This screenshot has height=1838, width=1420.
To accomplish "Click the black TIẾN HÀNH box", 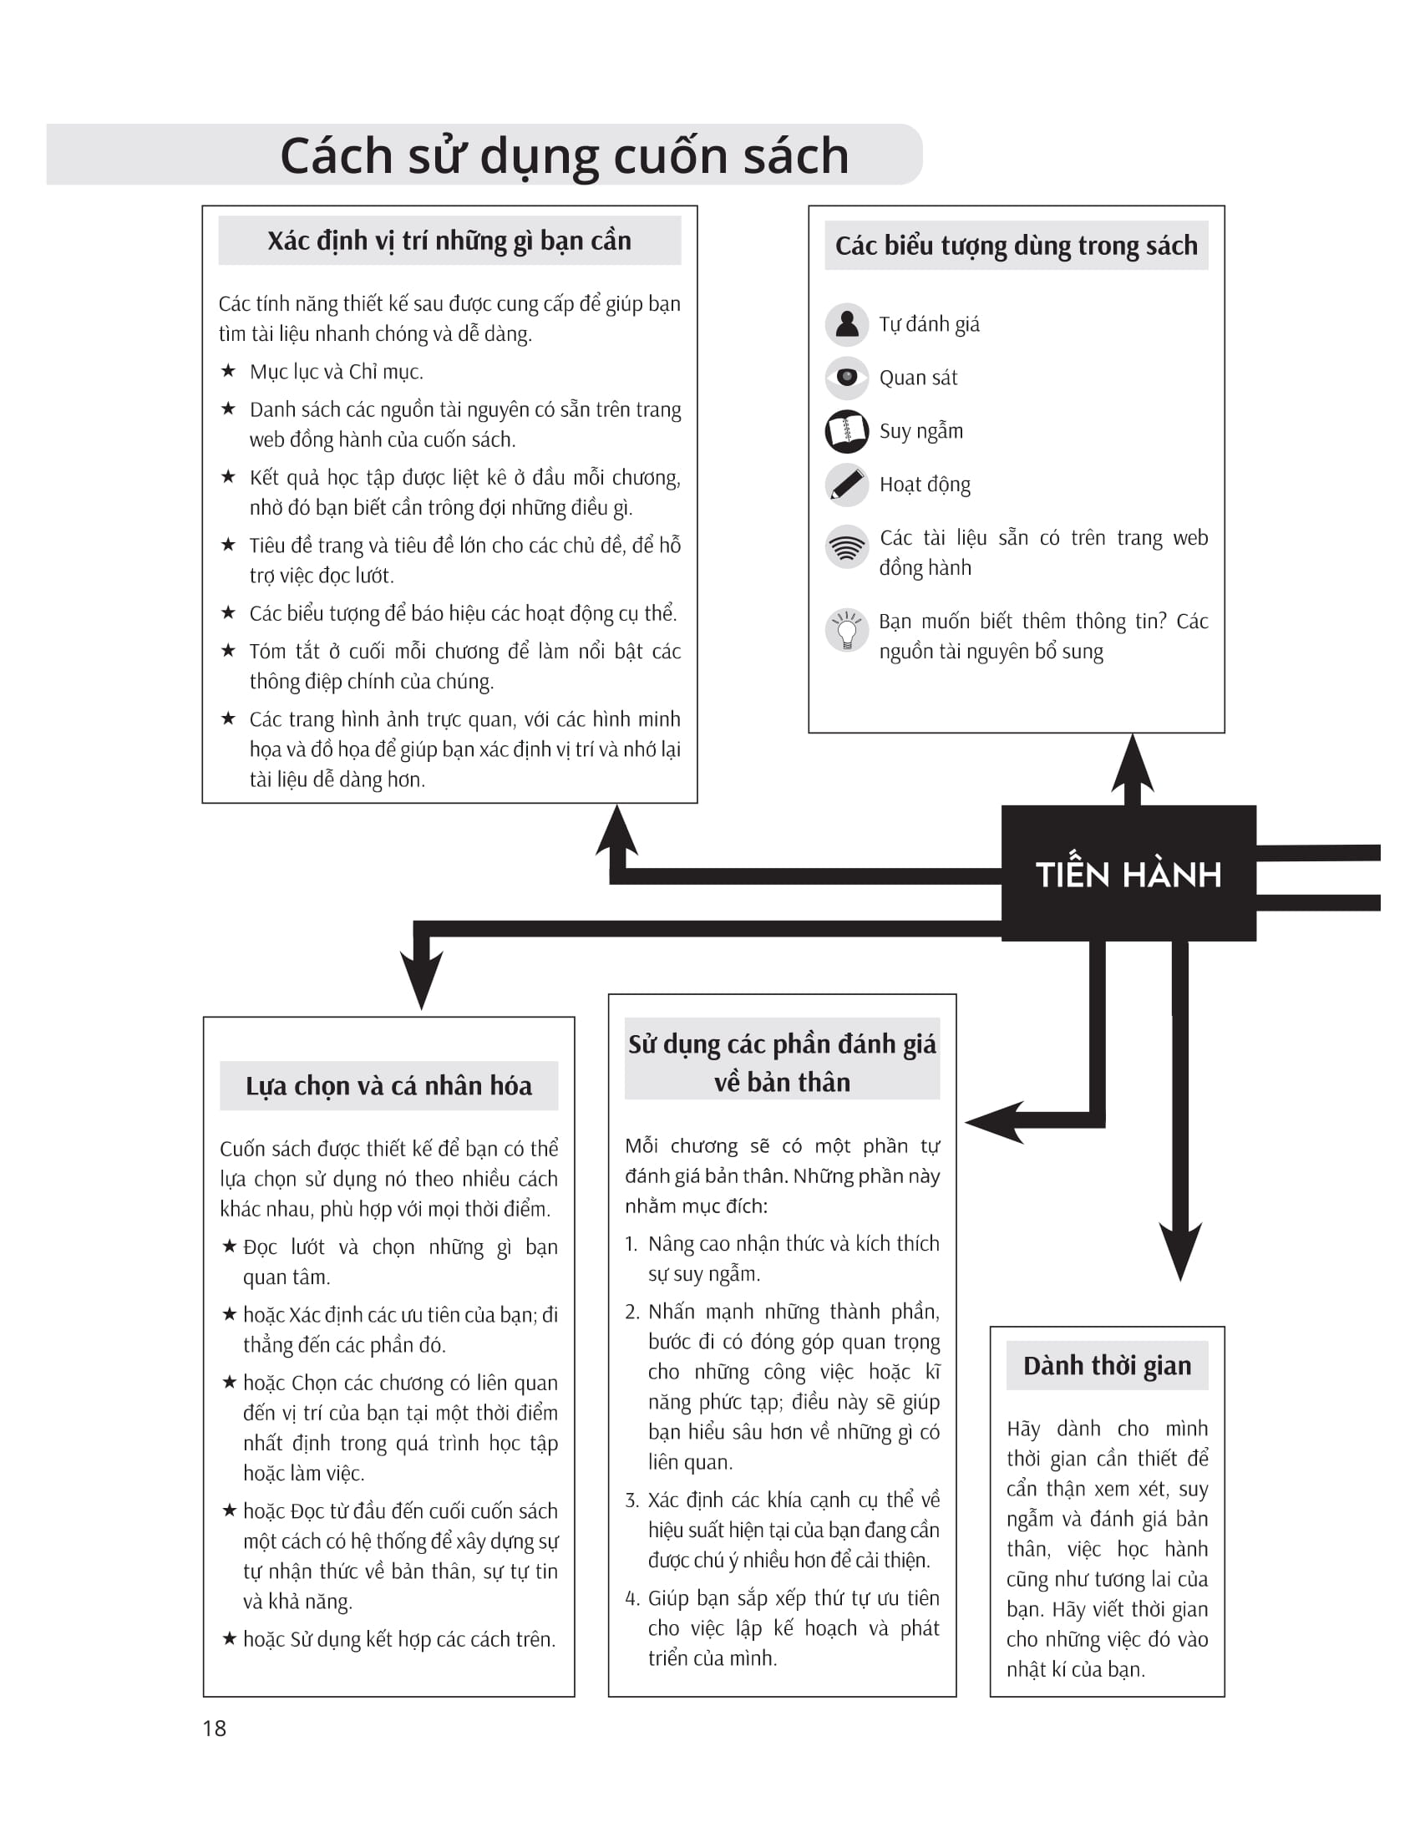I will (1128, 873).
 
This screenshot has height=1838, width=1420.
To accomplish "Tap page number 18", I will (215, 1728).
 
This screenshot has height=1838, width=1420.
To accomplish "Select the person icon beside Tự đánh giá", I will (846, 324).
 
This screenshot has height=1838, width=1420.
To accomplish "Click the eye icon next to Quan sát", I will (846, 377).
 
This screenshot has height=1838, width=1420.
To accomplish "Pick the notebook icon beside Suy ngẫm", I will (846, 431).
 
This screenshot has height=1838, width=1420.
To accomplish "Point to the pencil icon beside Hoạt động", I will (846, 485).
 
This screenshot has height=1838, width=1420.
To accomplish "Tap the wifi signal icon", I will (846, 548).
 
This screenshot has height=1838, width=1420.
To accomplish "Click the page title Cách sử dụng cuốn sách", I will (564, 155).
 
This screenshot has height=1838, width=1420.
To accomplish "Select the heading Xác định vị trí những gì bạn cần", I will (449, 241).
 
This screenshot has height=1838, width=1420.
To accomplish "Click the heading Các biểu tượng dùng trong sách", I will (1016, 246).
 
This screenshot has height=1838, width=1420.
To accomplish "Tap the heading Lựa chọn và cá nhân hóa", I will (388, 1085).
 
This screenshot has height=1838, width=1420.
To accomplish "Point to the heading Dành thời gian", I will (1107, 1365).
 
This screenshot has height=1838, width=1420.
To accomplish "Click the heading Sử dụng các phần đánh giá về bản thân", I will (782, 1062).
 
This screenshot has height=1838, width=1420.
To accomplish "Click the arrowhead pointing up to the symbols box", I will (1133, 764).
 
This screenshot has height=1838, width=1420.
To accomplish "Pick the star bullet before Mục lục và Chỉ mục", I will (228, 371).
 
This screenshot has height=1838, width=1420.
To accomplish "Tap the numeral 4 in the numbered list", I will (631, 1598).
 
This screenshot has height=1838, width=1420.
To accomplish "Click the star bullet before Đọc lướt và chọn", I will (229, 1246).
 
